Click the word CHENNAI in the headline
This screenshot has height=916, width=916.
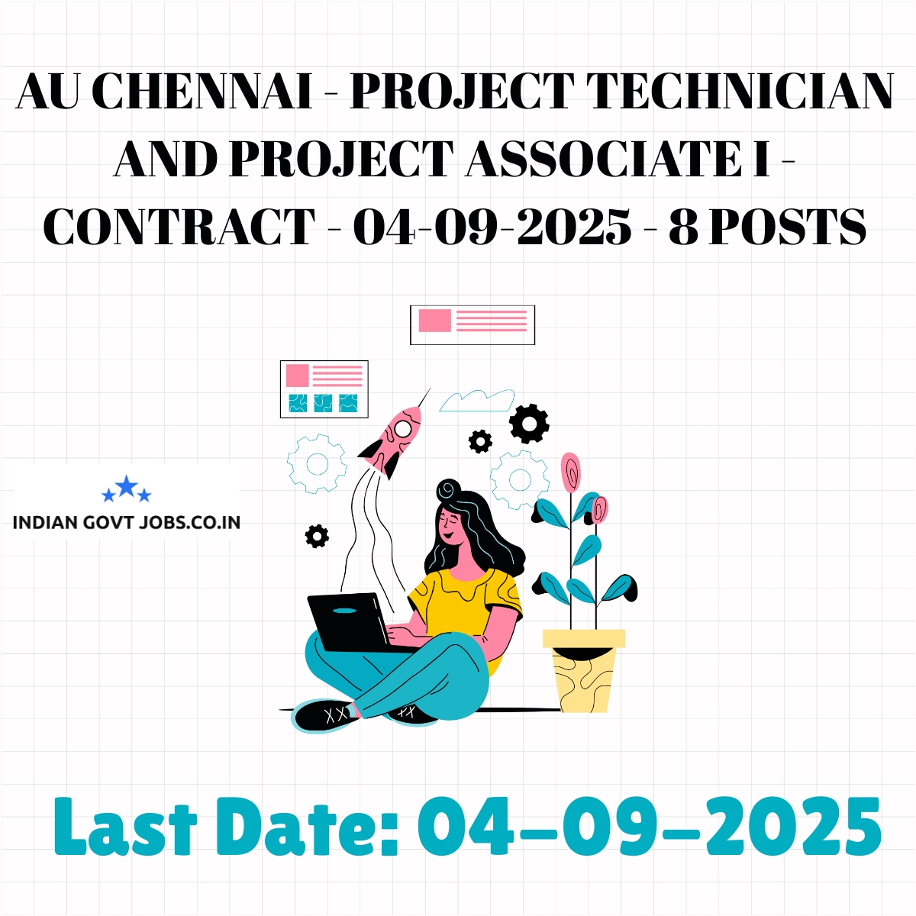click(202, 91)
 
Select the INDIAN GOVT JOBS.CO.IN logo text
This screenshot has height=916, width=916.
click(127, 523)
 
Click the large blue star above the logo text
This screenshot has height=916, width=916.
click(127, 485)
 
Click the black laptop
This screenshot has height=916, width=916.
click(354, 623)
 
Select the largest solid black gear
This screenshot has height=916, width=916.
click(529, 424)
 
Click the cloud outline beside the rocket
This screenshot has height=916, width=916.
click(476, 400)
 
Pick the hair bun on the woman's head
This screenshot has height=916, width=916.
click(449, 489)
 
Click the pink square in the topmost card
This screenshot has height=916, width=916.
click(434, 320)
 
